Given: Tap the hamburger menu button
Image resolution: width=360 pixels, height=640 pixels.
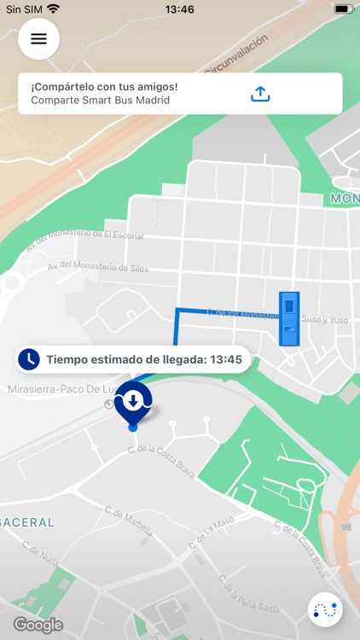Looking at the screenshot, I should [38, 38].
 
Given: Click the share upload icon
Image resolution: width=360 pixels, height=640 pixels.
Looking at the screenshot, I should [260, 94].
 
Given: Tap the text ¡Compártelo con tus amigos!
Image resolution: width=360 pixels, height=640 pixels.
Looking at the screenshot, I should [104, 87].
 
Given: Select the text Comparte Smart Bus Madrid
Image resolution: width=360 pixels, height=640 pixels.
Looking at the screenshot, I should [100, 100].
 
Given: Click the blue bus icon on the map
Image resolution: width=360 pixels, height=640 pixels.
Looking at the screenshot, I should [289, 318].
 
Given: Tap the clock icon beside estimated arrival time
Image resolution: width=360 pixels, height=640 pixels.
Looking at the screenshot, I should [30, 359].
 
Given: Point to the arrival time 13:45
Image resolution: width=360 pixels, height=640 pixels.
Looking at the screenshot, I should [224, 360].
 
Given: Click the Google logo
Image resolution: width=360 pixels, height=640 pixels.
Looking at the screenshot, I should [38, 625].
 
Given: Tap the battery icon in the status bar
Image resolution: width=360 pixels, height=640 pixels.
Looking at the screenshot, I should [343, 9].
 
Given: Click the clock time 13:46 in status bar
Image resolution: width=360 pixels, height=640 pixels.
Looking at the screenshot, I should [179, 9].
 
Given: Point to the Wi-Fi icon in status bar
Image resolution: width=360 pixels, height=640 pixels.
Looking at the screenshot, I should [54, 9].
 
